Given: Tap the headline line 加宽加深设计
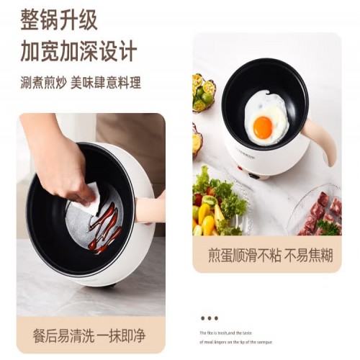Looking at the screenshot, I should pyautogui.click(x=78, y=52).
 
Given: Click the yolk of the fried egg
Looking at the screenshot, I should pyautogui.click(x=263, y=127).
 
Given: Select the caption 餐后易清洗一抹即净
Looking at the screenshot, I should pyautogui.click(x=90, y=336).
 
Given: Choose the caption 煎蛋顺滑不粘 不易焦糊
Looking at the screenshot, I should pyautogui.click(x=266, y=255).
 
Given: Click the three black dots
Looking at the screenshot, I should pyautogui.click(x=209, y=318).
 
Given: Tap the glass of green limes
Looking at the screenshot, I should pyautogui.click(x=203, y=94).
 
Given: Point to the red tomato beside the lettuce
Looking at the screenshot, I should pyautogui.click(x=198, y=199).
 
